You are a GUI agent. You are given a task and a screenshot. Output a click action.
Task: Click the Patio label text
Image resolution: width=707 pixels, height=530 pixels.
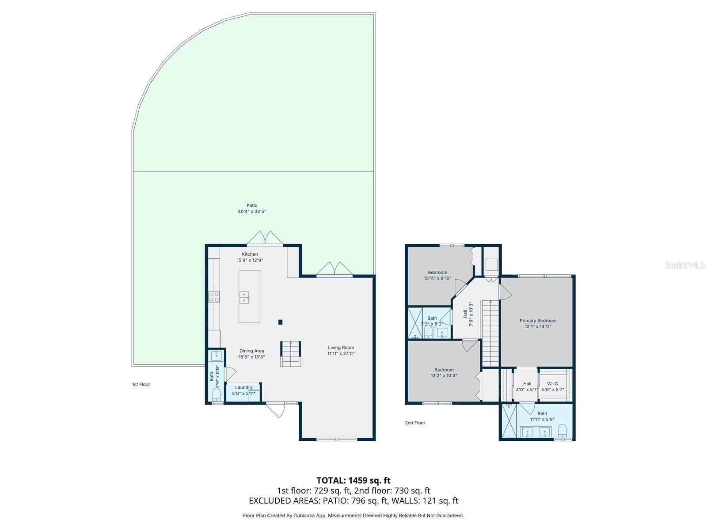252,205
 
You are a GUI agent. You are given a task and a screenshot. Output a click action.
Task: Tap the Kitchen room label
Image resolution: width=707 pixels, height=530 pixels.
250,254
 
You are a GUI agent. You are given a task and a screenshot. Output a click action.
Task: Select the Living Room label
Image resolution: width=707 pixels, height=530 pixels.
341,348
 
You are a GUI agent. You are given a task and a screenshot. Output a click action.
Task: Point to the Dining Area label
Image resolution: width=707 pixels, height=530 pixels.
251,351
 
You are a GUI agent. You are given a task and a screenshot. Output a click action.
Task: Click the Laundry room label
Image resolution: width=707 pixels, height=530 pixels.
243,387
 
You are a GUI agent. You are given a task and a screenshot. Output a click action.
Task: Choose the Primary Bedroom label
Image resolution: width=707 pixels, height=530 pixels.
538,321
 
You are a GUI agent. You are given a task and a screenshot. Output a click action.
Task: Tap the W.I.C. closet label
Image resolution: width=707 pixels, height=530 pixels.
553,383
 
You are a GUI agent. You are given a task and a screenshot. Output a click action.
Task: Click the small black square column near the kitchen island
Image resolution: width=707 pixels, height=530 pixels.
280,322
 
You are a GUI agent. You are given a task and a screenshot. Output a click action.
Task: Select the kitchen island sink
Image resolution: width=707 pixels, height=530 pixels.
244,297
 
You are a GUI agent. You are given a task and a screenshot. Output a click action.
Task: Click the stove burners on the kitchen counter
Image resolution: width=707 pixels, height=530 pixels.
214,297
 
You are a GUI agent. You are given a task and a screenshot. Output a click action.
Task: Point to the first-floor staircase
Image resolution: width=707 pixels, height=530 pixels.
290,354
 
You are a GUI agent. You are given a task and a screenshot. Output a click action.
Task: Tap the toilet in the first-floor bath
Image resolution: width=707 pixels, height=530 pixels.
216,395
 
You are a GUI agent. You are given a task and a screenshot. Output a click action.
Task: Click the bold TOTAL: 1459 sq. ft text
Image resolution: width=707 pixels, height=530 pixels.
353,481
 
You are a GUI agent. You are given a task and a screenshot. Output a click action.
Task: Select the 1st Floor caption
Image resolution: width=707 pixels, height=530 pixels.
141,384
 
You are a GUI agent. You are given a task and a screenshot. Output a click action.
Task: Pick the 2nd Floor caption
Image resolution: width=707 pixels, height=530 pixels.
415,423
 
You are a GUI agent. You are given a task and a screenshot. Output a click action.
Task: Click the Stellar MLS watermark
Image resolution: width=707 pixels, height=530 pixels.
685,265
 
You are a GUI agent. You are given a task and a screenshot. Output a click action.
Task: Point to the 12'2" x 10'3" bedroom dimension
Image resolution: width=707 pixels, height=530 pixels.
444,375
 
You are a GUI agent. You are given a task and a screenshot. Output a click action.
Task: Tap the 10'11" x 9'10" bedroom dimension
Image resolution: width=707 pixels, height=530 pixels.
437,278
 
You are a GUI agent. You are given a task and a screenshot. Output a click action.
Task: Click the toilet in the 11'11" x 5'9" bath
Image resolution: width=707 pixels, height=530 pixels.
563,431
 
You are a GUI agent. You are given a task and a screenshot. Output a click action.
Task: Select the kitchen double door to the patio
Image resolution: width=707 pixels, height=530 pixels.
265,238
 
